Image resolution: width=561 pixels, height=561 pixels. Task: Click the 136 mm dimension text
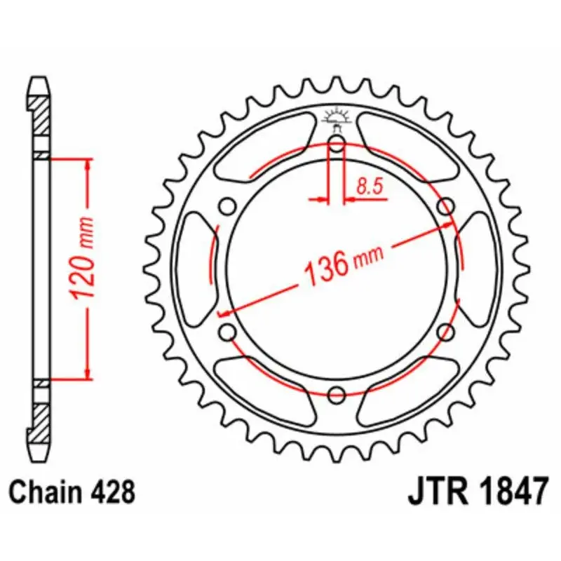(x=344, y=264)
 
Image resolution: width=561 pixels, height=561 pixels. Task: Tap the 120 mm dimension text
(x=83, y=257)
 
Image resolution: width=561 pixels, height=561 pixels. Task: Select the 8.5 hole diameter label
(x=370, y=187)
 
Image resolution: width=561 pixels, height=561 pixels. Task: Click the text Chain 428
(x=72, y=492)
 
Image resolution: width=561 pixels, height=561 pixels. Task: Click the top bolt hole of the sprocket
(x=337, y=144)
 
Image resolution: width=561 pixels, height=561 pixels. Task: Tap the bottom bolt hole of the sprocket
(x=337, y=396)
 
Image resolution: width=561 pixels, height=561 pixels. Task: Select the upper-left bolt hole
(x=227, y=207)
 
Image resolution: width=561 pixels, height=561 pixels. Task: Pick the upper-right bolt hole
(x=446, y=206)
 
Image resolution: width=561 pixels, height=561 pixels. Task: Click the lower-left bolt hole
(x=227, y=332)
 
